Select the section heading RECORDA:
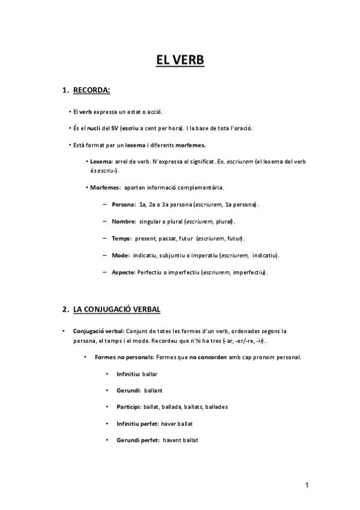pos(91,91)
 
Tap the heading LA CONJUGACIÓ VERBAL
pos(117,310)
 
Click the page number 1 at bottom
pos(307,485)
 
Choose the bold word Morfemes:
pos(105,188)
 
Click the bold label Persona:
pos(123,204)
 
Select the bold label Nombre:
pos(123,221)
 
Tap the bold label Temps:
pos(121,238)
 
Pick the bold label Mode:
pos(120,255)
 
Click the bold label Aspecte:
pos(124,272)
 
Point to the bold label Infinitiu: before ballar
pos(128,373)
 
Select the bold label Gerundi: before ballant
pos(129,390)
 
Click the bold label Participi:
pos(129,407)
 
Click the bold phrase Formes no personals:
pos(120,357)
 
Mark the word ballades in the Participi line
pos(216,407)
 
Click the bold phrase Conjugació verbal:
pos(99,331)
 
